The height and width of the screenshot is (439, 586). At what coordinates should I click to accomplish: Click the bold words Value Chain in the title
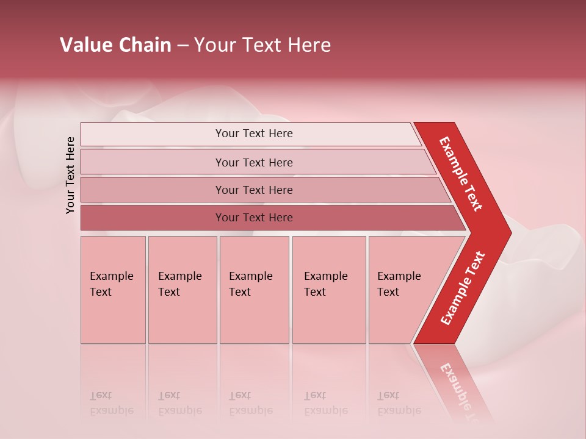click(115, 45)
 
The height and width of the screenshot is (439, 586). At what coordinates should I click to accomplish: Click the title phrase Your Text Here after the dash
click(262, 45)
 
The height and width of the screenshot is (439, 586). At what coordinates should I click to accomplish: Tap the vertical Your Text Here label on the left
click(70, 175)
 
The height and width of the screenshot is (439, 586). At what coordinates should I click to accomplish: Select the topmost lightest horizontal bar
click(250, 134)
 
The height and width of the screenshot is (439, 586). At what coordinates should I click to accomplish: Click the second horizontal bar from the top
click(256, 162)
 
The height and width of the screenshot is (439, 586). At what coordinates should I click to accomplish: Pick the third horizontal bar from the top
click(262, 190)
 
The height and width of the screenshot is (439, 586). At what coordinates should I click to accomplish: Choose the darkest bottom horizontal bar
click(269, 218)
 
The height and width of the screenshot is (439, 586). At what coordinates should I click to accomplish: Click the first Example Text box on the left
click(113, 290)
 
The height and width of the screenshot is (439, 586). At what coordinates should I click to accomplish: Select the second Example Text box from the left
click(182, 290)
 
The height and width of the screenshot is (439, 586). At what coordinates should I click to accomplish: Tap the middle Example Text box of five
click(254, 290)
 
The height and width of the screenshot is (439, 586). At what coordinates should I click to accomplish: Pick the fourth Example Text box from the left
click(328, 290)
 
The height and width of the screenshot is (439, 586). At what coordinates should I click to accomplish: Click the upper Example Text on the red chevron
click(461, 174)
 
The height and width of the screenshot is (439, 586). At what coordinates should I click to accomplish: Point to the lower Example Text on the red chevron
click(463, 288)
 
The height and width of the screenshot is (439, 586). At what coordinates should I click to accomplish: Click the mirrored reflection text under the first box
click(111, 403)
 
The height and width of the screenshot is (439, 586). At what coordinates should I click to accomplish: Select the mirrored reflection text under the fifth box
click(399, 403)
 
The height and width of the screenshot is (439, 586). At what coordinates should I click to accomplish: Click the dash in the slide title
click(183, 46)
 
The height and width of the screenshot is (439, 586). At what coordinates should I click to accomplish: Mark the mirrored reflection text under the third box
click(250, 403)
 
